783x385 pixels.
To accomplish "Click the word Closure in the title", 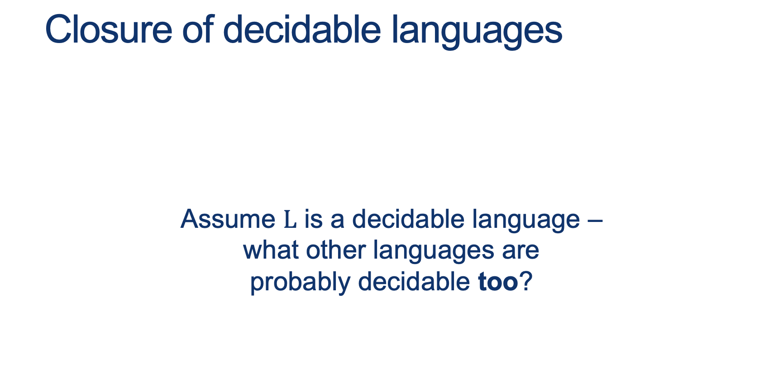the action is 109,30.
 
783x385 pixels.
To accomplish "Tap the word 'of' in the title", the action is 198,29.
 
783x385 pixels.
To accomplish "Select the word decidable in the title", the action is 302,29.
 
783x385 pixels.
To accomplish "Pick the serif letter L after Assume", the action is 290,220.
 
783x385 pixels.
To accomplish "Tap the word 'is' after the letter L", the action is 314,219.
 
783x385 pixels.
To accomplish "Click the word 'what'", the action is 270,250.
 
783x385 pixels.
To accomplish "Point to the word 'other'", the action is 335,250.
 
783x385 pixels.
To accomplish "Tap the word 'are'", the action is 520,253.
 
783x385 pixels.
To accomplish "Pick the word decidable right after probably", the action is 414,281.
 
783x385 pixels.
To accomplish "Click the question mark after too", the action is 526,281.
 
